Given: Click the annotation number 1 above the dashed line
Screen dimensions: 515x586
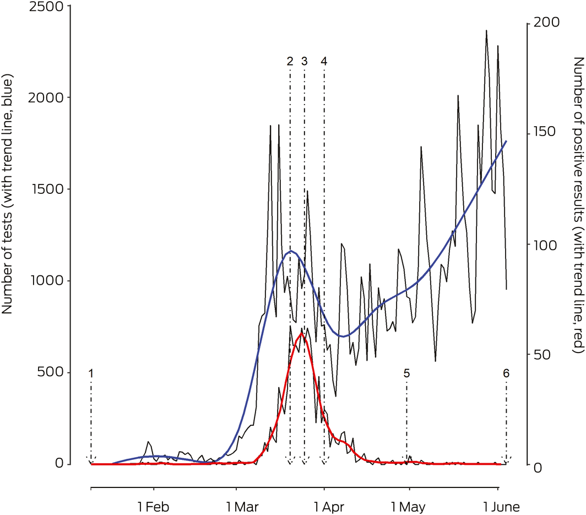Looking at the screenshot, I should tap(91, 373).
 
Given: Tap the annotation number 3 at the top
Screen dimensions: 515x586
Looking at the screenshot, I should tap(304, 62).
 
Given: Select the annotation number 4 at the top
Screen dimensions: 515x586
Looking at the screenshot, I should tap(324, 62).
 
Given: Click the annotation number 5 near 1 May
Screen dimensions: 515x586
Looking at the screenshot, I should tap(406, 373).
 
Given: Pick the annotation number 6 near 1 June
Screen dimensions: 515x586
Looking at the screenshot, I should tap(506, 373).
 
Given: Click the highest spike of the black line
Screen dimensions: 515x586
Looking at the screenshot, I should tap(486, 30).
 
